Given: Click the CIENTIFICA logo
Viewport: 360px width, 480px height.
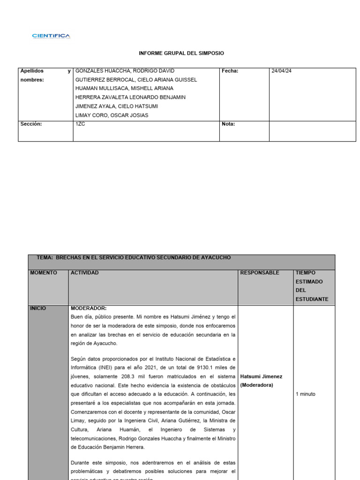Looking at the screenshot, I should [x=51, y=36].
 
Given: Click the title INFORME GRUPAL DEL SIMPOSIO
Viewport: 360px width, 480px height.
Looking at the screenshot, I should [x=181, y=53].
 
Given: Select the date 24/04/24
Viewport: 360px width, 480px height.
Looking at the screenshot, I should [x=282, y=71].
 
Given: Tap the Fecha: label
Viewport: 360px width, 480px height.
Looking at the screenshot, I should [x=230, y=71].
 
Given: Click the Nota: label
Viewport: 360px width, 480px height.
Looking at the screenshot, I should [x=228, y=124].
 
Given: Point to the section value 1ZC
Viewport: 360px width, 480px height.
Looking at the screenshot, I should [x=80, y=124].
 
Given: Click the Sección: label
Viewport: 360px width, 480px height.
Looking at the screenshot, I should [x=31, y=124].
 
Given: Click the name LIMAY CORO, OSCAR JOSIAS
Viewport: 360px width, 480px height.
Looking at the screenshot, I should [x=112, y=115].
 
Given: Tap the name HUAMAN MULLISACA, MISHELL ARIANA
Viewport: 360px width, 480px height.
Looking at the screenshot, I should [x=124, y=89].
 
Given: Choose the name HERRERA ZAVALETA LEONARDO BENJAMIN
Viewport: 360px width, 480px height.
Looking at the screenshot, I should [x=130, y=97].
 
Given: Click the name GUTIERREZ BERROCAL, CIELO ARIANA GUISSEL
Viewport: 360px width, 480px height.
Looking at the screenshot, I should [x=136, y=80].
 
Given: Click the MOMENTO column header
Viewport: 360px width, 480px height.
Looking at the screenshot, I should [x=44, y=273].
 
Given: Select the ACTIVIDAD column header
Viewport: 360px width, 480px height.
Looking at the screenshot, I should [x=85, y=273].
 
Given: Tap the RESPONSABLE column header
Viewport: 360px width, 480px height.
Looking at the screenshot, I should [x=259, y=273].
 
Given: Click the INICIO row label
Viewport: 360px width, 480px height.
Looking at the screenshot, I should [x=38, y=308].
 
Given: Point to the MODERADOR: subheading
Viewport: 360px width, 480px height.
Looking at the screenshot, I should [x=89, y=308].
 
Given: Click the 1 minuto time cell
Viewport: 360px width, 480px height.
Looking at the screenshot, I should [x=306, y=394].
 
